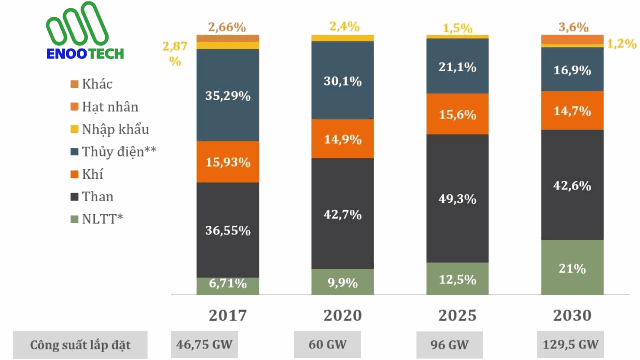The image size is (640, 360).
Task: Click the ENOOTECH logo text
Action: click(x=85, y=54)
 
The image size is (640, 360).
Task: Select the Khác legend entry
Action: click(x=97, y=84)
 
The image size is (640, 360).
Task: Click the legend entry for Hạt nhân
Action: click(x=110, y=107)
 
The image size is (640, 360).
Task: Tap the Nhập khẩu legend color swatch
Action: click(x=74, y=129)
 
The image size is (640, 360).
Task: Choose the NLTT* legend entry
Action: click(x=102, y=219)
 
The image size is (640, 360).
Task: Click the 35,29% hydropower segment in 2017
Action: click(x=228, y=96)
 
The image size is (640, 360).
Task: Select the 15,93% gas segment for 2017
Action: click(x=228, y=162)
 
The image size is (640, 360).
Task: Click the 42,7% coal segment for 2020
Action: click(x=342, y=214)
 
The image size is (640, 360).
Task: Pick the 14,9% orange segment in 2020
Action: click(x=342, y=139)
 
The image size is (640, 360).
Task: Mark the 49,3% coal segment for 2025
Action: click(x=457, y=199)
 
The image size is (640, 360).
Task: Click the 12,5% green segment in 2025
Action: click(x=457, y=279)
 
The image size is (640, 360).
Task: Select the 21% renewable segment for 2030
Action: click(x=572, y=268)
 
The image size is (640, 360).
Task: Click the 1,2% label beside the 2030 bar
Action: click(x=622, y=44)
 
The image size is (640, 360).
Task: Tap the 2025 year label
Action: click(x=457, y=315)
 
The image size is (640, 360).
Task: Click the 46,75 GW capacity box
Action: click(x=204, y=344)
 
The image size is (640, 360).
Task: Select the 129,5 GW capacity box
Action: click(x=570, y=344)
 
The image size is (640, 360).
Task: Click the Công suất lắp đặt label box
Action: click(x=80, y=345)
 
